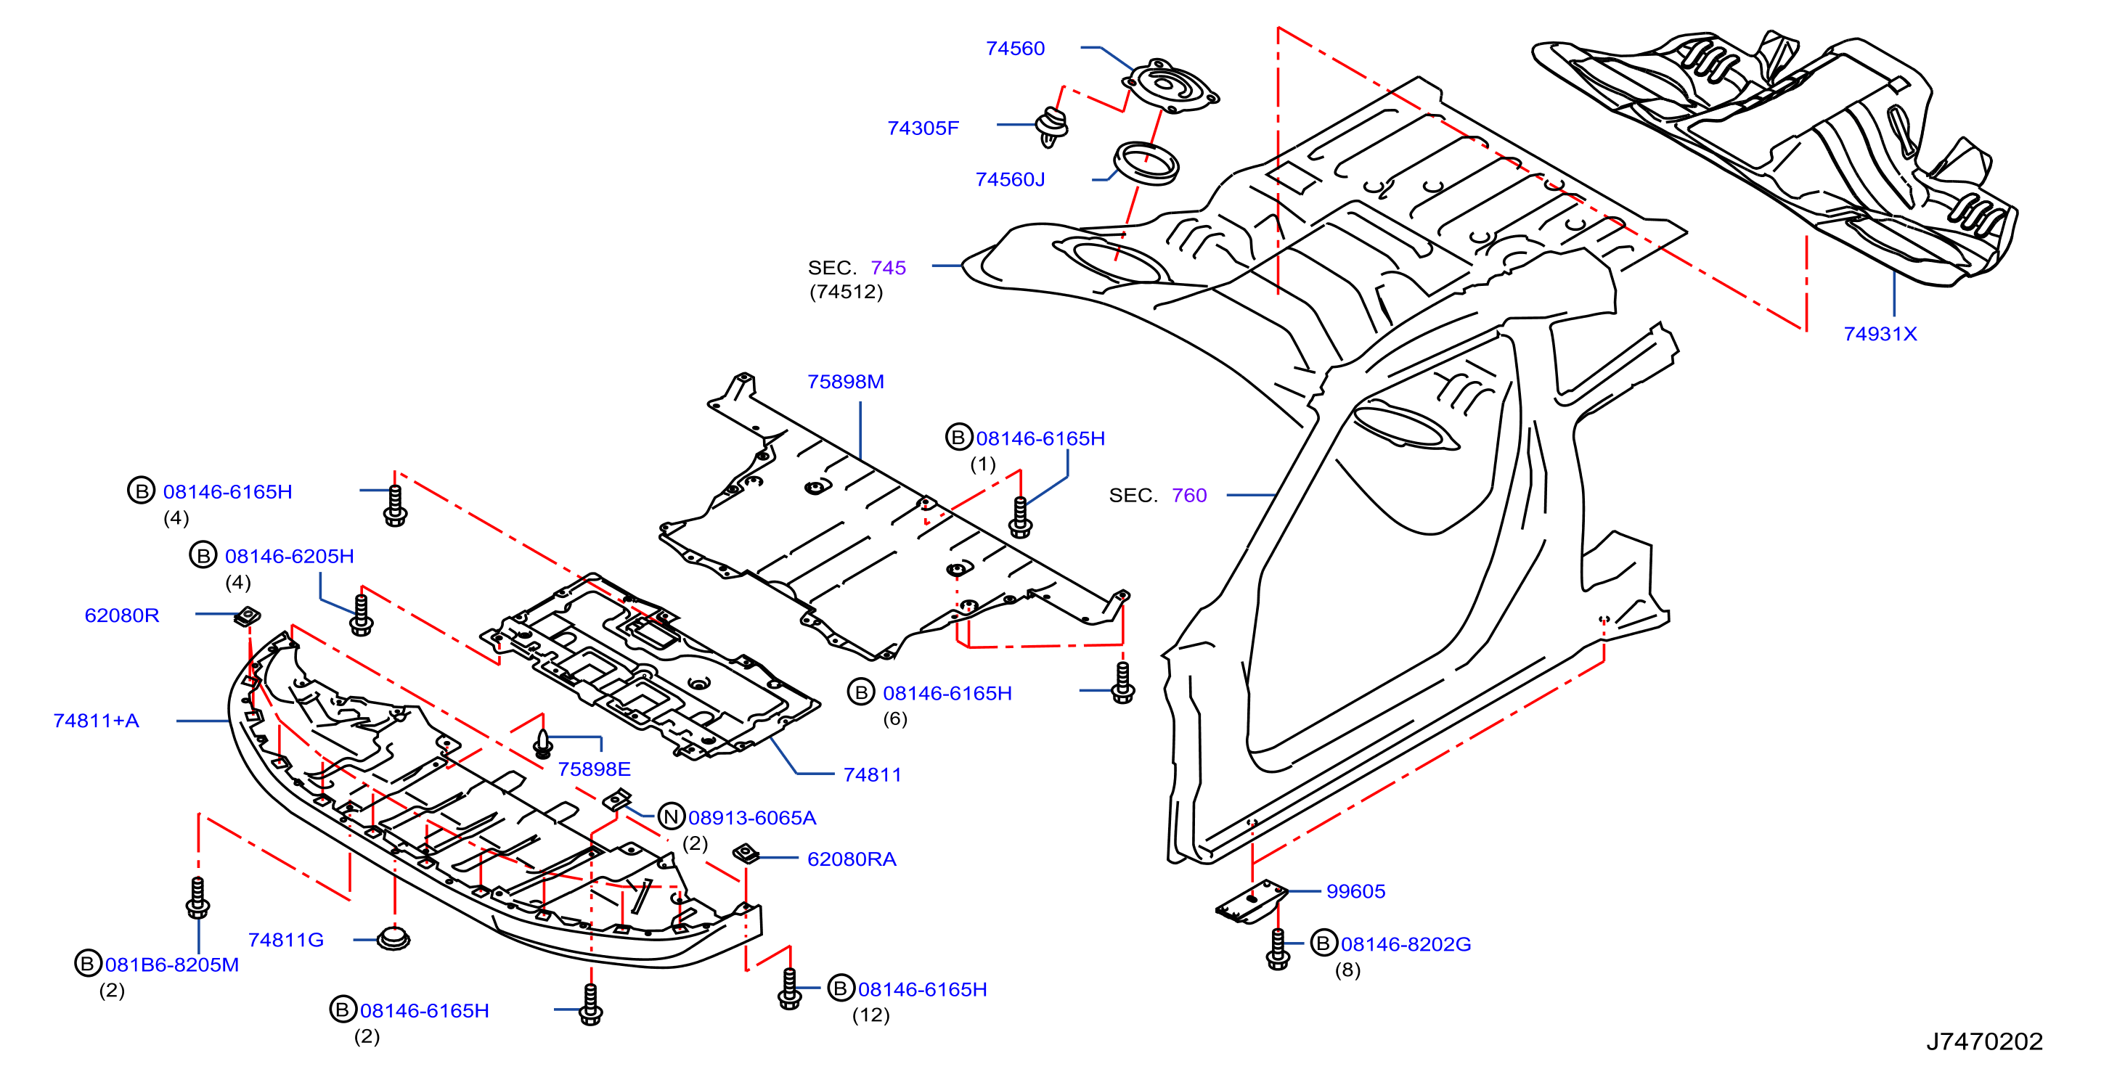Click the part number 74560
point(1015,49)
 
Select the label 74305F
point(923,128)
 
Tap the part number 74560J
point(1010,180)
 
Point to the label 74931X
point(1880,334)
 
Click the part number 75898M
point(846,382)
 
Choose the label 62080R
point(122,615)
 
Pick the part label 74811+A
point(97,721)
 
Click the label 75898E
point(594,769)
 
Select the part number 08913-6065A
point(752,818)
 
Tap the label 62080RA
point(852,859)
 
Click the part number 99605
point(1355,891)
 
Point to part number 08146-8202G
point(1406,944)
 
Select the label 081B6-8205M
point(171,965)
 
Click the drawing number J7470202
point(1984,1041)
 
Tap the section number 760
point(1188,496)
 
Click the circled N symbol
point(672,816)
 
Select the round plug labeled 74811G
point(393,938)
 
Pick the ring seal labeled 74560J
point(1146,163)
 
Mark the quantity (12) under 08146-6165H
point(870,1015)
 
